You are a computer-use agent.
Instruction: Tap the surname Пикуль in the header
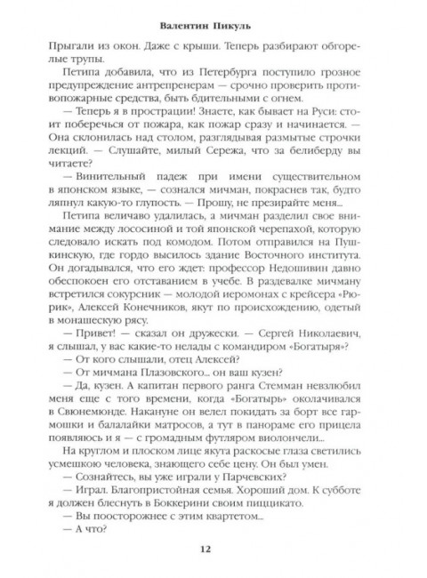238,16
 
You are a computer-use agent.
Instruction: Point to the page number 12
213,560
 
